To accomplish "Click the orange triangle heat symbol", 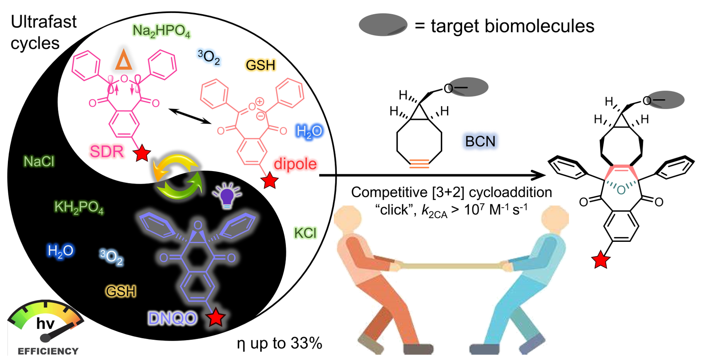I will (124, 60).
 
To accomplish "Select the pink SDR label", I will (107, 152).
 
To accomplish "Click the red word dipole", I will (295, 164).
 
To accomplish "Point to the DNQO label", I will (173, 318).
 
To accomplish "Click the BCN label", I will (480, 141).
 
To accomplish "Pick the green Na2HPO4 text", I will (161, 31).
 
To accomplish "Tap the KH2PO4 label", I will (79, 207).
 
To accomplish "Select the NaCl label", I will (39, 161).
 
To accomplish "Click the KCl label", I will (305, 233).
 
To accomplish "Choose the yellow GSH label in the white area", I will (260, 65).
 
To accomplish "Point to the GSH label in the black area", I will (121, 291).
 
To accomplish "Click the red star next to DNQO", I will (216, 317).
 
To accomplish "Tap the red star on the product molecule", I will (600, 260).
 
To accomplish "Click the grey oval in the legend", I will (383, 25).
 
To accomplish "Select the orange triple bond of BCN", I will (419, 164).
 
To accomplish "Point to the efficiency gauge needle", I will (59, 332).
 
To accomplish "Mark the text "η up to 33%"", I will (279, 343).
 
